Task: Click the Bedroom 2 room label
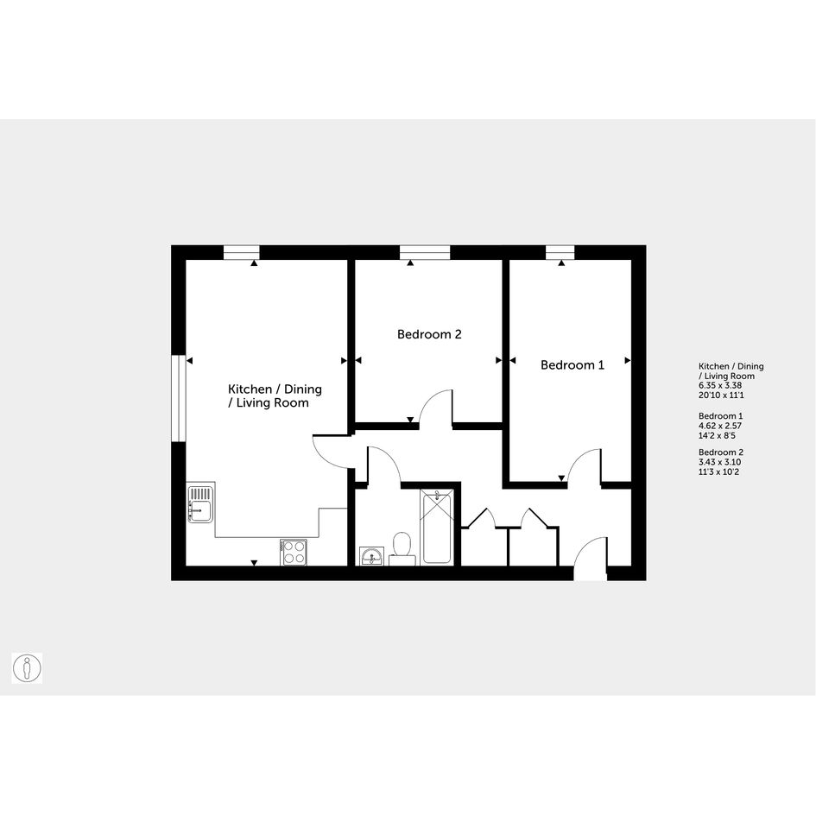(x=429, y=334)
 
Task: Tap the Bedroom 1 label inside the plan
(x=572, y=364)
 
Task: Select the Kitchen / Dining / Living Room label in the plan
(x=275, y=396)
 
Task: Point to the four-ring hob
(x=294, y=552)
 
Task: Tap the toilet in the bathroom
(x=402, y=548)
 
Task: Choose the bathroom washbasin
(x=371, y=556)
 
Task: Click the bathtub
(x=437, y=527)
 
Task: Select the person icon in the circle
(x=27, y=667)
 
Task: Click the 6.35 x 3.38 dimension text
(x=720, y=386)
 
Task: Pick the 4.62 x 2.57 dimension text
(x=720, y=426)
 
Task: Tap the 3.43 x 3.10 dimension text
(x=720, y=462)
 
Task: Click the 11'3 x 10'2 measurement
(x=718, y=472)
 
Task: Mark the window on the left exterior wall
(x=179, y=399)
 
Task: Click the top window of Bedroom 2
(x=425, y=252)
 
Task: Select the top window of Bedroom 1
(x=560, y=252)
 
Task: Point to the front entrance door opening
(x=591, y=573)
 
